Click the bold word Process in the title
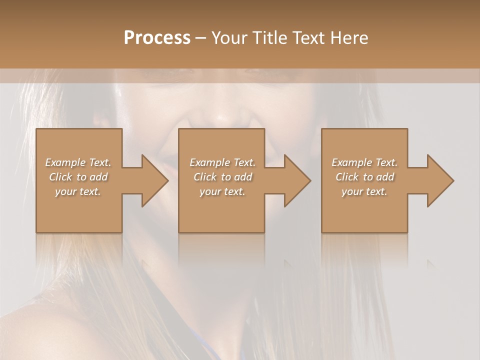157,38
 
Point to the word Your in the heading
229,38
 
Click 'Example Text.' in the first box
78,162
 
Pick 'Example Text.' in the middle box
222,162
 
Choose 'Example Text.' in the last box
364,162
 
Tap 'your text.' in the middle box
222,191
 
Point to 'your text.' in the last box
364,191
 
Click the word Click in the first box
60,177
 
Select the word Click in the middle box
205,177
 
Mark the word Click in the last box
347,177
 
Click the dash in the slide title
201,38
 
